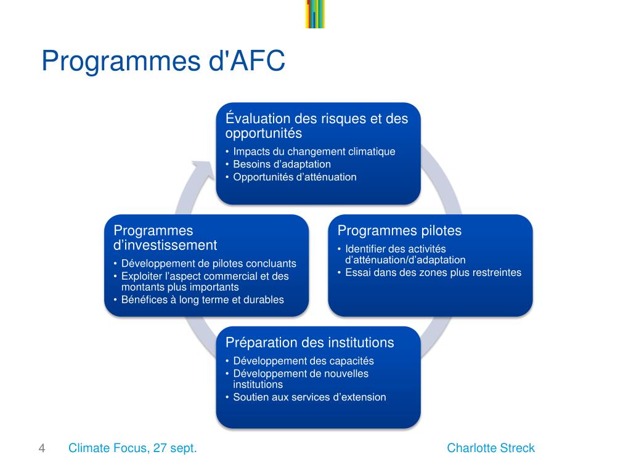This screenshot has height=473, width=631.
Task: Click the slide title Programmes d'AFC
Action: [163, 62]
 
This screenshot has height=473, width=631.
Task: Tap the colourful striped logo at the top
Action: [315, 14]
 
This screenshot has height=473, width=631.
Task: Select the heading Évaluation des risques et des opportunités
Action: [317, 125]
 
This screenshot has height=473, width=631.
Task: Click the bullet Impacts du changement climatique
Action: [314, 152]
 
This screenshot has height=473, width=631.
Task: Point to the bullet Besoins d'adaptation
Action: [282, 164]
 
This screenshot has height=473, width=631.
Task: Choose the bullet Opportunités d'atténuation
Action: [295, 177]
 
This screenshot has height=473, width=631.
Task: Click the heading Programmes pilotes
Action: [399, 231]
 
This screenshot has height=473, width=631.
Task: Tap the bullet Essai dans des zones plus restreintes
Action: [433, 273]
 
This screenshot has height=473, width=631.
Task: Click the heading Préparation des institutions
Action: [309, 342]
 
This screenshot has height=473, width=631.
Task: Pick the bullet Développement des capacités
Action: [303, 362]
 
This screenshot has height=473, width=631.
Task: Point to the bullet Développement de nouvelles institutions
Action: [300, 379]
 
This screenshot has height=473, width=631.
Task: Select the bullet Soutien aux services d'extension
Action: [309, 397]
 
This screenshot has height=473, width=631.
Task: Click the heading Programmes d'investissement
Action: [165, 238]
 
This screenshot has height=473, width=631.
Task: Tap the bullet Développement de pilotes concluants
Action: [208, 264]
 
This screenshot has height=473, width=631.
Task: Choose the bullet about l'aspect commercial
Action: [205, 281]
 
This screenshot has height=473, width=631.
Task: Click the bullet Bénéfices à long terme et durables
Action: [202, 300]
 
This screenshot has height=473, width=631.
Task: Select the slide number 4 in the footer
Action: [42, 448]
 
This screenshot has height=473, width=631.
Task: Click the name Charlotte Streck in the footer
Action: [491, 448]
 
